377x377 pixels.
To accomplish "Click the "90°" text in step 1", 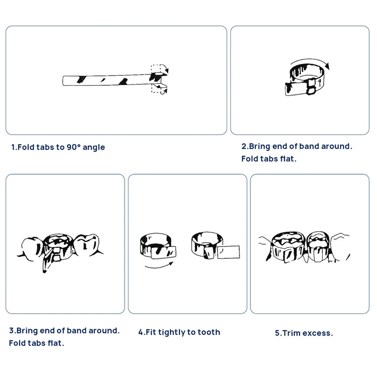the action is coord(74,147).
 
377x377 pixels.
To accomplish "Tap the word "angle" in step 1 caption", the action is coord(94,148).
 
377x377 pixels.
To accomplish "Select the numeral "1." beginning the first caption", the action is coord(15,147).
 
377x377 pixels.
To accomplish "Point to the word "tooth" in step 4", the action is coord(209,332).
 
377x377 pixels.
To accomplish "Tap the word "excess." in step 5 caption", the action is coord(318,333).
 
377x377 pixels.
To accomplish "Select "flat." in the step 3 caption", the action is coord(56,343).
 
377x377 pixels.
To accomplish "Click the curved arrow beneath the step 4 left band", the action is coord(159,266).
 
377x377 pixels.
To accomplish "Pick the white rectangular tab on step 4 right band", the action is coord(228,252).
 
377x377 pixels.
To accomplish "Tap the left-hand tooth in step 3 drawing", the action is coord(31,249).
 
